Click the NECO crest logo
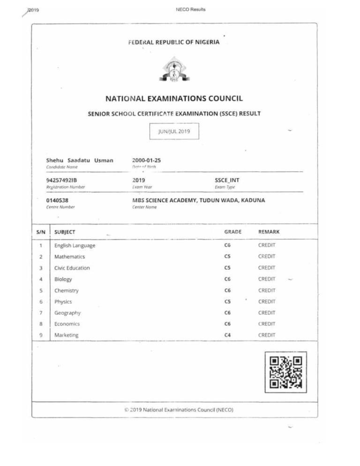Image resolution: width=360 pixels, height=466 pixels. click(x=174, y=71)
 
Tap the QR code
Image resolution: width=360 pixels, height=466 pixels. click(x=285, y=372)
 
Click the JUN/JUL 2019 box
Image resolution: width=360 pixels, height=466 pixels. click(x=174, y=132)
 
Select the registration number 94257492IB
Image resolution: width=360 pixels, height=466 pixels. click(x=63, y=180)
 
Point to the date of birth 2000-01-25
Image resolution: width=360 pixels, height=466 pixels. click(x=146, y=160)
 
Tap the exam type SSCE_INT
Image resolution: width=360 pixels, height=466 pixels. click(x=227, y=180)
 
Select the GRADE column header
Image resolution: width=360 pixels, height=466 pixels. click(x=233, y=232)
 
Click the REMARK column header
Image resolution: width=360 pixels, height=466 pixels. click(x=269, y=232)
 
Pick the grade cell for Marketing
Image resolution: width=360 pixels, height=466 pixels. click(x=227, y=335)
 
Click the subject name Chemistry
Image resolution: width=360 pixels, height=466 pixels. click(x=67, y=291)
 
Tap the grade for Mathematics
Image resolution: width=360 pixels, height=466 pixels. click(x=227, y=256)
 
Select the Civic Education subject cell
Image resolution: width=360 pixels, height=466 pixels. click(x=72, y=268)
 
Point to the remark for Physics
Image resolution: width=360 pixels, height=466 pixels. click(x=267, y=301)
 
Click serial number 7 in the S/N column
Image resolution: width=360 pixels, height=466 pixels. click(x=41, y=313)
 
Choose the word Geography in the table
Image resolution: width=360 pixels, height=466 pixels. click(x=67, y=313)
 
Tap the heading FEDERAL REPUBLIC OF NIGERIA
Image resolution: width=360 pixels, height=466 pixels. click(x=174, y=42)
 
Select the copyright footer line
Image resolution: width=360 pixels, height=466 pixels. click(x=179, y=409)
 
